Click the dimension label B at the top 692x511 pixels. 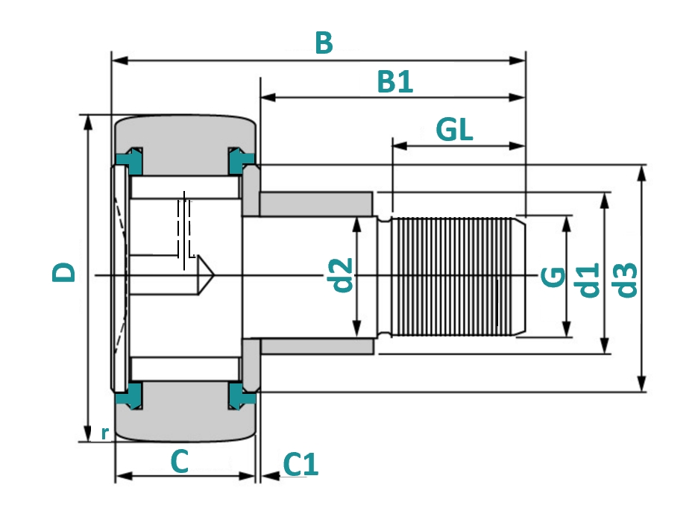(x=323, y=43)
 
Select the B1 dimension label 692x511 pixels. (x=394, y=82)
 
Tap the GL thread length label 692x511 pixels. (x=454, y=130)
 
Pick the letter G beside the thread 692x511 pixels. (x=553, y=278)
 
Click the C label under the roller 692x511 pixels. (x=180, y=462)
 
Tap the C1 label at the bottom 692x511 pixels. (x=301, y=465)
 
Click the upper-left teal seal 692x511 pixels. (x=130, y=159)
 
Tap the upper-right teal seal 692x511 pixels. (x=241, y=159)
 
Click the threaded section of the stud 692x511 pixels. (x=455, y=276)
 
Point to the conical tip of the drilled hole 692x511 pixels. (x=207, y=276)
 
